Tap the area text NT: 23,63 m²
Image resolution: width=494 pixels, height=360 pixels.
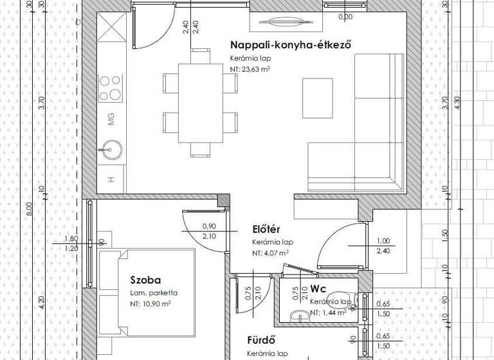pos(251,67)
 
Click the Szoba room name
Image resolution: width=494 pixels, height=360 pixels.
pos(145,280)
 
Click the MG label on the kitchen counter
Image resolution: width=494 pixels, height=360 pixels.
pos(111,118)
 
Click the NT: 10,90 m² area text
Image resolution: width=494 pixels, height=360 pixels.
pos(150,303)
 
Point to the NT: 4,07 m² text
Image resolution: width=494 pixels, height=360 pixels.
pos(270,253)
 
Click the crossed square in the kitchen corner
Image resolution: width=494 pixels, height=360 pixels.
pos(111,29)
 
